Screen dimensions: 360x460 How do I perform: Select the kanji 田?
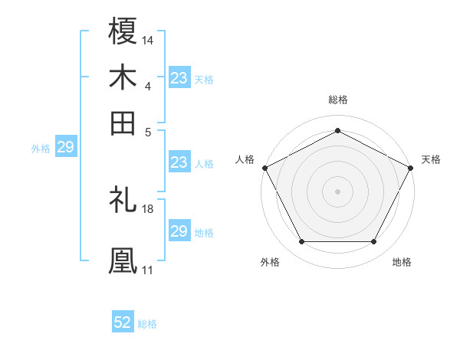(123, 123)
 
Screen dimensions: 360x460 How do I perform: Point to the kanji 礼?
(123, 200)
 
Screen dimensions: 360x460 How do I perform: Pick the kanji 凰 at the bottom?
(123, 260)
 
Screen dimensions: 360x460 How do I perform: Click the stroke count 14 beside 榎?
(148, 39)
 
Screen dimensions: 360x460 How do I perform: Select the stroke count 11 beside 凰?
(148, 270)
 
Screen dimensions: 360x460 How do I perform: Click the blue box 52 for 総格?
(123, 322)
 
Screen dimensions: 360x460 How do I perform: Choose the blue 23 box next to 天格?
(179, 78)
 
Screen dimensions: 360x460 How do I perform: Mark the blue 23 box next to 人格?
(179, 162)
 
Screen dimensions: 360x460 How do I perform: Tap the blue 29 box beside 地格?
(179, 231)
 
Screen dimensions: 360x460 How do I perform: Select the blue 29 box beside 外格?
(65, 147)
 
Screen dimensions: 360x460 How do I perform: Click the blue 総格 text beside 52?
(147, 324)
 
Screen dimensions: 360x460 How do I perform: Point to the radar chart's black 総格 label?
(337, 100)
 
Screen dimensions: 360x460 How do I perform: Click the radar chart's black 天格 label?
(431, 159)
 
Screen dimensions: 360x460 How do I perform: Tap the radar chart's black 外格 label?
(270, 262)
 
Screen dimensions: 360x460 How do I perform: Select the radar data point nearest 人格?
(264, 167)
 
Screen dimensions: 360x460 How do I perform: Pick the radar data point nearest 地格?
(374, 242)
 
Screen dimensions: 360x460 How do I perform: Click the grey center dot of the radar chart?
(337, 191)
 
